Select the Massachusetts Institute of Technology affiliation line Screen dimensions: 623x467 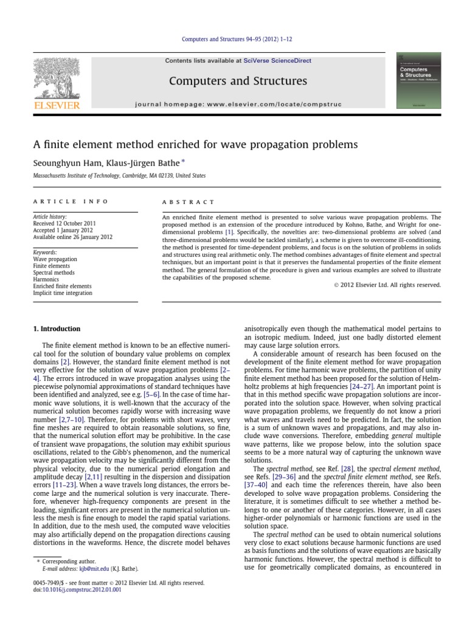(x=119, y=175)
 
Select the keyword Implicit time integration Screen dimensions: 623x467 (x=63, y=293)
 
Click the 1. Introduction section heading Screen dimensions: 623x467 (x=55, y=329)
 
